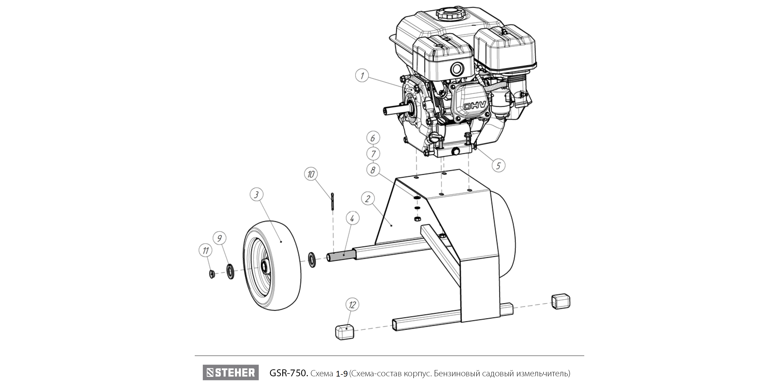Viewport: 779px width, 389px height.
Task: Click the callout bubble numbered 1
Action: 362,75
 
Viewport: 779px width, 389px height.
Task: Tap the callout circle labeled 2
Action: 368,199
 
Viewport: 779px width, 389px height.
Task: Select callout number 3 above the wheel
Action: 257,195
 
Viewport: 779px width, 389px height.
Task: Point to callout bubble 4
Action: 352,218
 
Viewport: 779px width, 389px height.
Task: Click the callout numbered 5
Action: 498,165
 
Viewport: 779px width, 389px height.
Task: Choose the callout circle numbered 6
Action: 373,138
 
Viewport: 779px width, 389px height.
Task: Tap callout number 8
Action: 373,170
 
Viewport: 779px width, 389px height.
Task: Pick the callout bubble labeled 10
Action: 311,174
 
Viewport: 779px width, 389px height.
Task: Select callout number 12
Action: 352,305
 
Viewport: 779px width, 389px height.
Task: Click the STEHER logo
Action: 231,372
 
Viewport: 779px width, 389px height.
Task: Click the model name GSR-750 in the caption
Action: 288,373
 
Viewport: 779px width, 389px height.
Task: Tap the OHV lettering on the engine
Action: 475,106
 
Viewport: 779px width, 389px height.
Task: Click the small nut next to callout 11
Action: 212,274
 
